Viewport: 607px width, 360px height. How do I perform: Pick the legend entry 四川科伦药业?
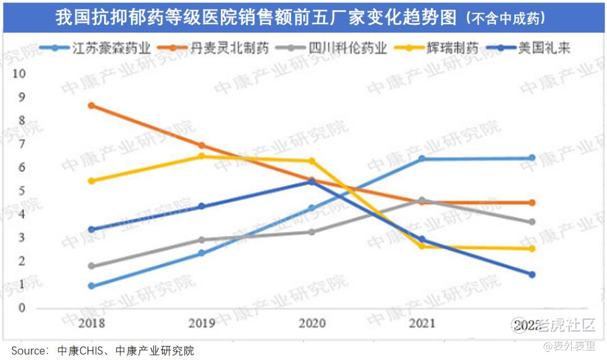(348, 48)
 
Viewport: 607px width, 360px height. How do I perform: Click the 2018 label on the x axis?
(92, 323)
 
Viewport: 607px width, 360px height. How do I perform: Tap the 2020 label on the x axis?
(312, 323)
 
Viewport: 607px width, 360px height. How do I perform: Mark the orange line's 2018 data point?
(92, 106)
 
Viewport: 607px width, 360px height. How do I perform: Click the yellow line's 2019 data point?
(202, 156)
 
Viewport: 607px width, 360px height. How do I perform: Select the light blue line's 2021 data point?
(422, 159)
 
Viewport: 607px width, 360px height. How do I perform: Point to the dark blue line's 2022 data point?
(532, 274)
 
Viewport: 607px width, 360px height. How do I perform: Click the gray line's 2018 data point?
(92, 266)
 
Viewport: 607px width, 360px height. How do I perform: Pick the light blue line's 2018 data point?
(92, 286)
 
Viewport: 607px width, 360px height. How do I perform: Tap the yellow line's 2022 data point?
(532, 249)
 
